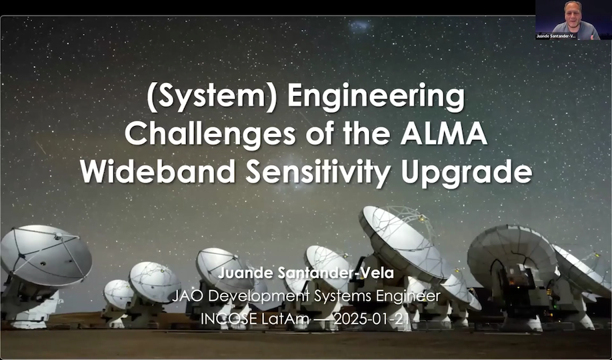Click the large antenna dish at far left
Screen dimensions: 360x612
pos(45,257)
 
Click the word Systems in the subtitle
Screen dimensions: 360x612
pos(337,296)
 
